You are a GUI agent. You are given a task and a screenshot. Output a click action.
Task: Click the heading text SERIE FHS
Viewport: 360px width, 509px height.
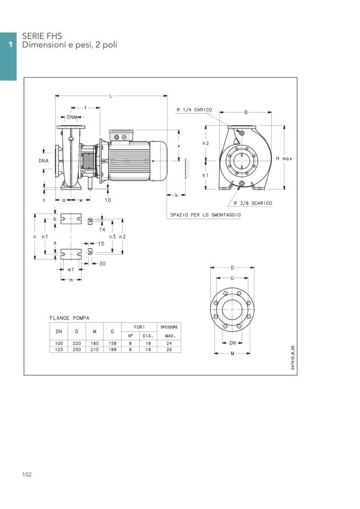pyautogui.click(x=42, y=36)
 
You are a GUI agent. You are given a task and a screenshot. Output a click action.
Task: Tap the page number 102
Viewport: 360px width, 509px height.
pyautogui.click(x=27, y=475)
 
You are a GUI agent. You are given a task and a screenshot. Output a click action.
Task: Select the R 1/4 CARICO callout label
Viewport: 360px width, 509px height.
pyautogui.click(x=194, y=110)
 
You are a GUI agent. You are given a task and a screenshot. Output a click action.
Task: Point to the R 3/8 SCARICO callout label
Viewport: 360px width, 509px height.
pyautogui.click(x=253, y=203)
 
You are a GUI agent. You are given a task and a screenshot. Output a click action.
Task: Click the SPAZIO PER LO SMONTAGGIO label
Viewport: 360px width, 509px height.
pyautogui.click(x=205, y=215)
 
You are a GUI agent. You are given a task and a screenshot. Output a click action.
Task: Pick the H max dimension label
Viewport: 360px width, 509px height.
pyautogui.click(x=284, y=158)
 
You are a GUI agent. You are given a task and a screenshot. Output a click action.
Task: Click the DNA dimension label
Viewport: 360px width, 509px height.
pyautogui.click(x=44, y=161)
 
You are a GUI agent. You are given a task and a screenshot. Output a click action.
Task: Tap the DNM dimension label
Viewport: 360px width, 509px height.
pyautogui.click(x=72, y=117)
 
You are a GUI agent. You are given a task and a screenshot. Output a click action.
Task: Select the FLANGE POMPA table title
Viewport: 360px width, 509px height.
pyautogui.click(x=70, y=318)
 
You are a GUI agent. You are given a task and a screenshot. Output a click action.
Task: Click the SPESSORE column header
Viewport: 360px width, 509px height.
pyautogui.click(x=169, y=327)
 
